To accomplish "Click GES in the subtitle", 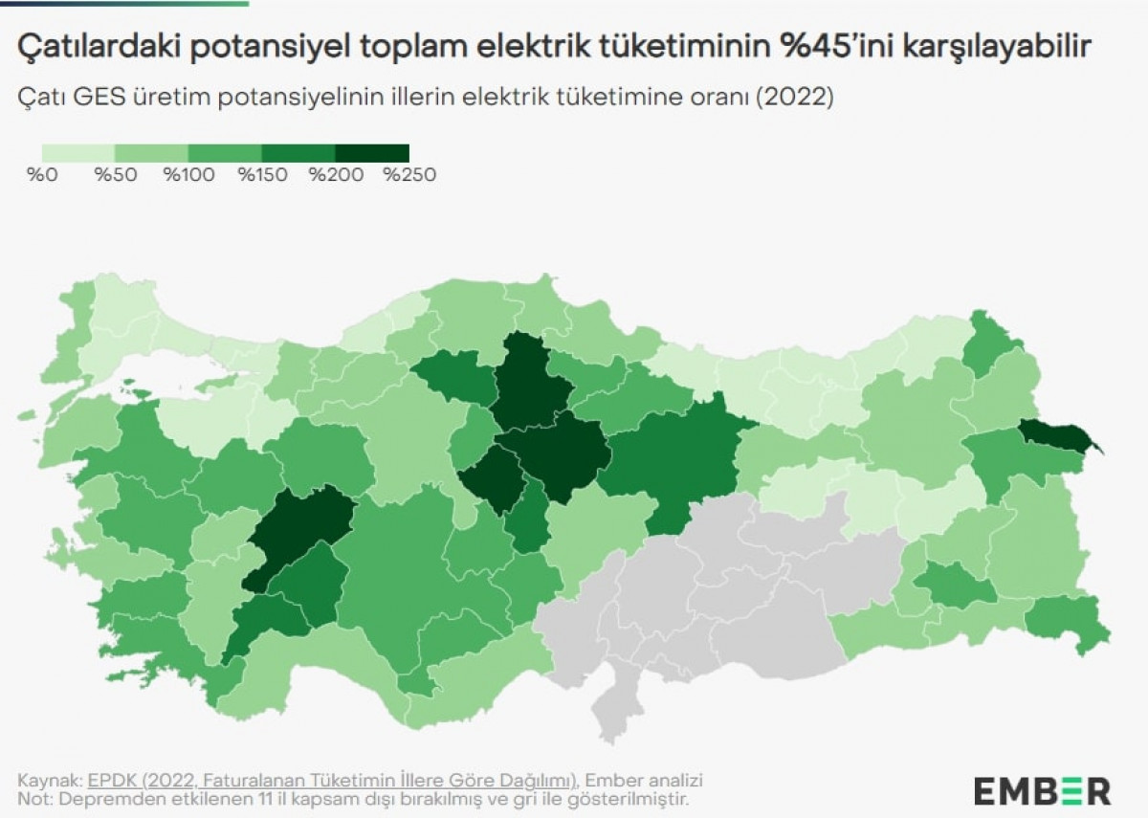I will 95,99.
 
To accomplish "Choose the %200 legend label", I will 333,175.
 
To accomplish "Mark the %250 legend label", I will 408,175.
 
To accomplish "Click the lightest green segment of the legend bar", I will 77,153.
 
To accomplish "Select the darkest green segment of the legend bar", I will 372,153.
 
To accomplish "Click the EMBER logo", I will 1042,791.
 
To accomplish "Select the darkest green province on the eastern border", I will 1058,438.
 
